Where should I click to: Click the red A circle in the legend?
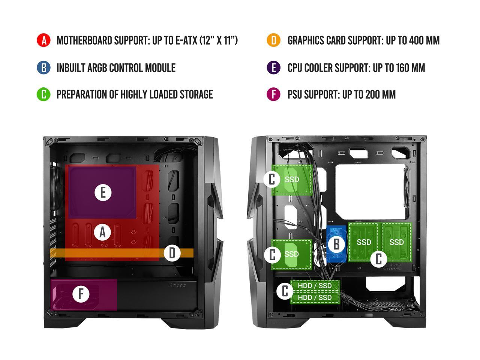tap(43, 40)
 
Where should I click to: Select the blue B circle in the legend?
tap(43, 68)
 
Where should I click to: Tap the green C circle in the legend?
tap(43, 94)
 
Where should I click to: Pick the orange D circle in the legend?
tap(274, 40)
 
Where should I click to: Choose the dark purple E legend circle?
tap(274, 68)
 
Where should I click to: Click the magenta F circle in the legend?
tap(274, 94)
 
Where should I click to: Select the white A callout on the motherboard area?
tap(103, 232)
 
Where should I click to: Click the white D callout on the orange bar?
tap(172, 253)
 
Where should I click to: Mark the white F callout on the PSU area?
tap(81, 294)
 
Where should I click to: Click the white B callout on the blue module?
tap(336, 244)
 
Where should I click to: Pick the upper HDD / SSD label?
tap(315, 286)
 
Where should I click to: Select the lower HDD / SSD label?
tap(315, 297)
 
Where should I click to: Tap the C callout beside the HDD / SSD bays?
tap(285, 291)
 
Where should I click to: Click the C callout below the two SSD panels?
tap(379, 259)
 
